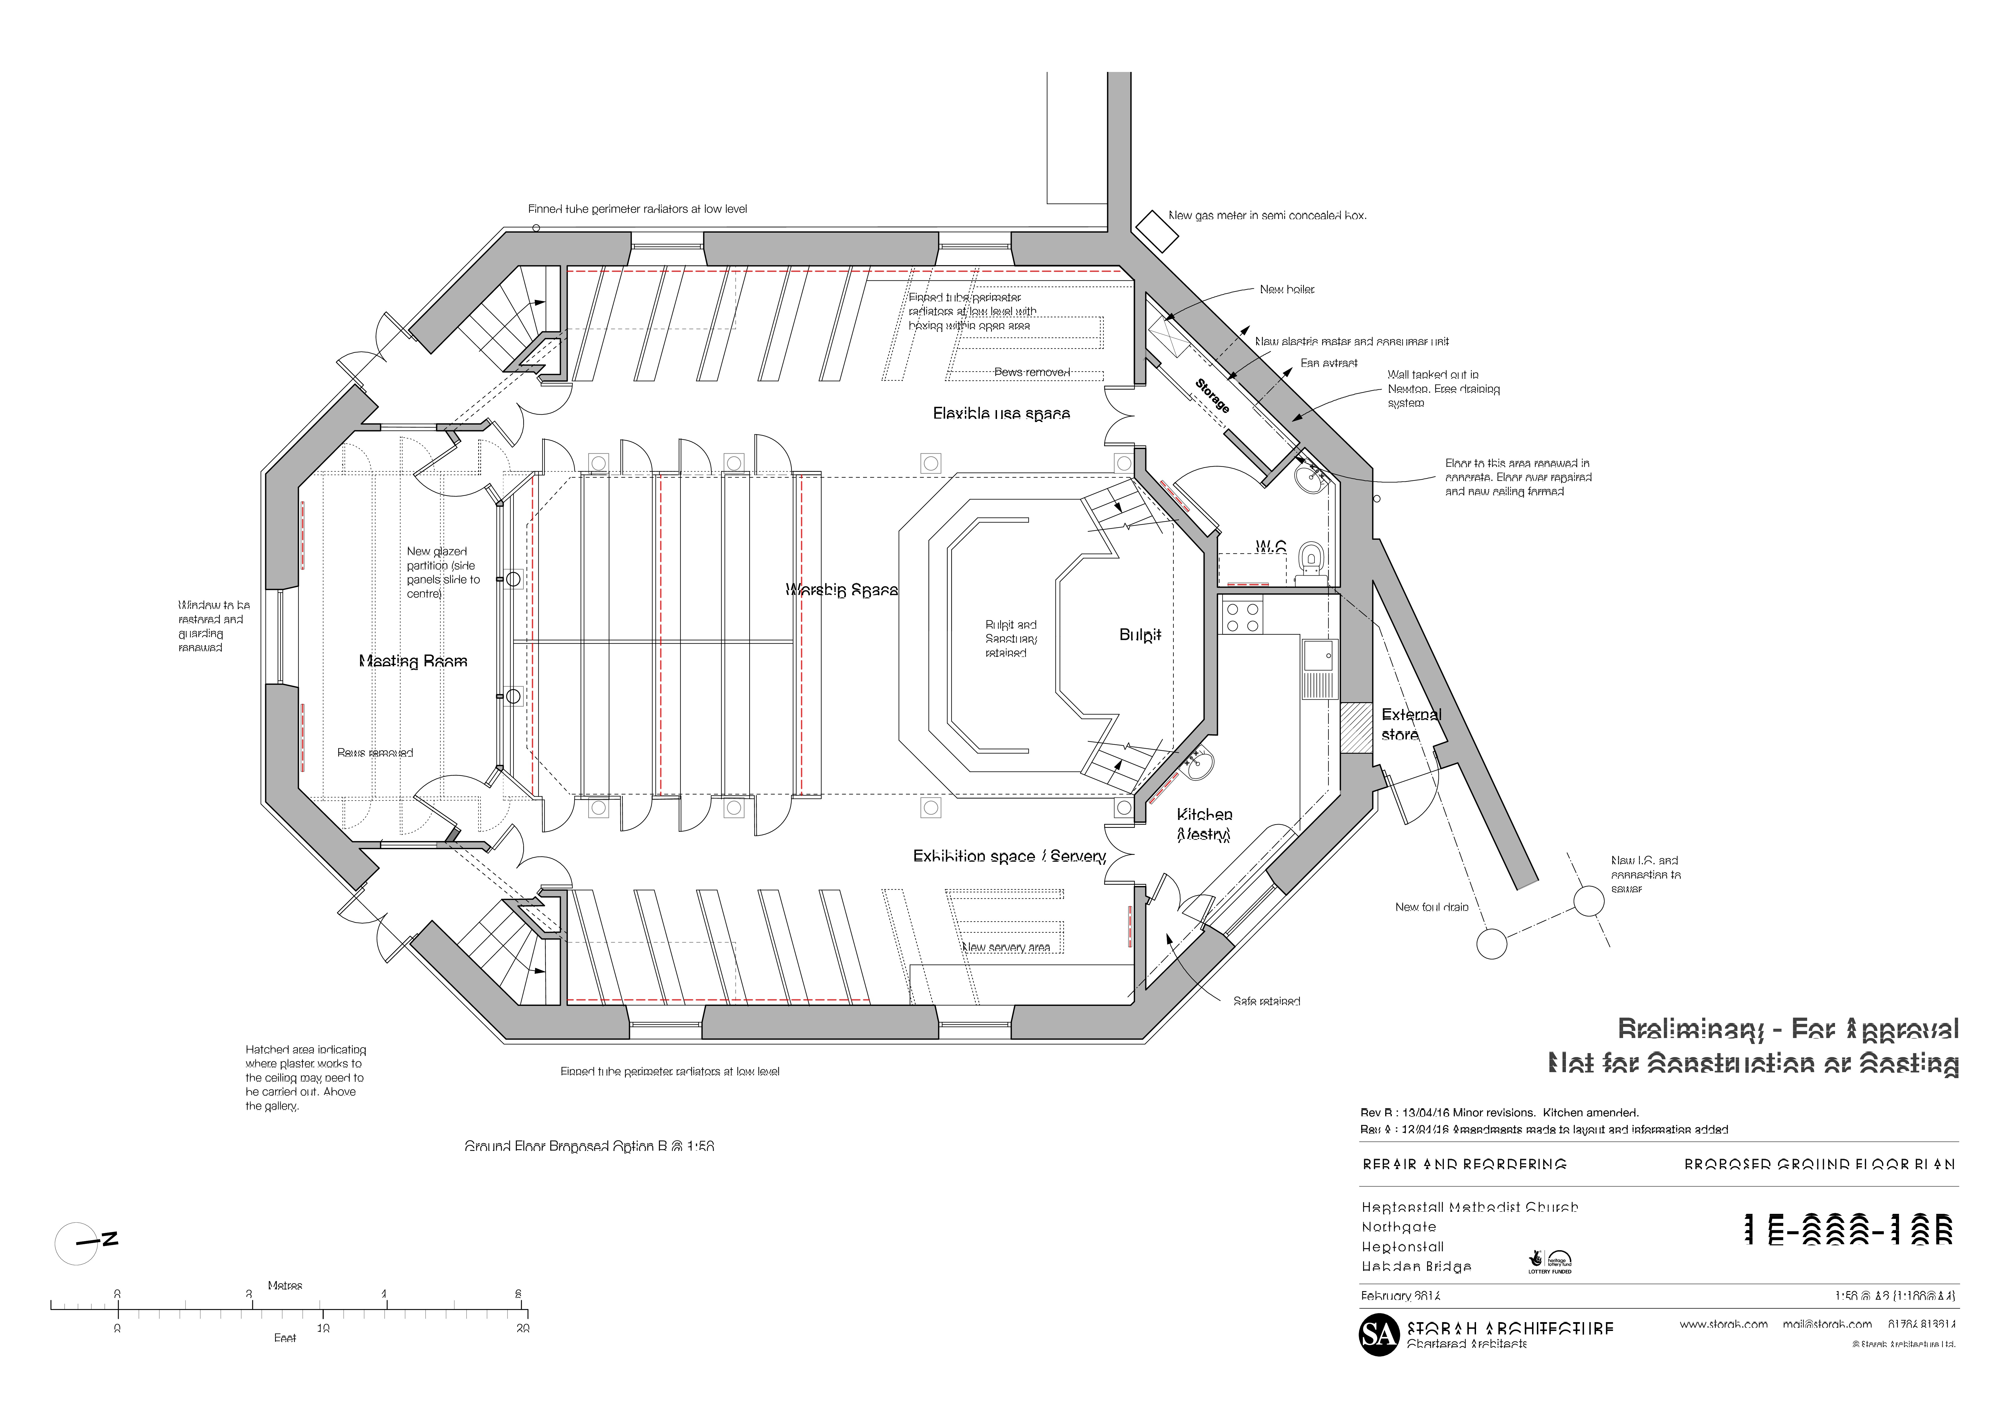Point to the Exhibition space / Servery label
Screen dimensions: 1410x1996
coord(1008,856)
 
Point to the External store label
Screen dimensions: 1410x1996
coord(1410,724)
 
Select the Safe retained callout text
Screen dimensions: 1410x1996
coord(1266,1001)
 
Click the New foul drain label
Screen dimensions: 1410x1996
coord(1431,907)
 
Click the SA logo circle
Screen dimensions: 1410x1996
coord(1379,1334)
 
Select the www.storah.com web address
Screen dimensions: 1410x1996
coord(1723,1324)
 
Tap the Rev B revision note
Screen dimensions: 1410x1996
coord(1499,1113)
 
